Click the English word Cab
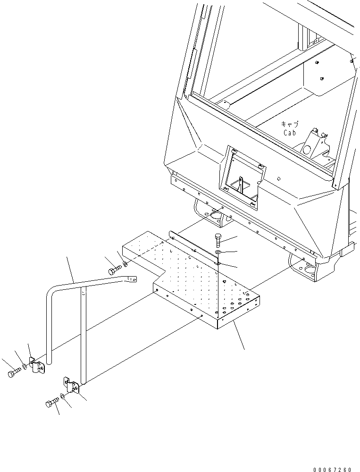click(x=289, y=133)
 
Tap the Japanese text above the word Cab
click(x=289, y=124)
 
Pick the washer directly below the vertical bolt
click(x=218, y=253)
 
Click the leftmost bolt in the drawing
click(x=12, y=374)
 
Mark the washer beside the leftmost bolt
click(x=25, y=367)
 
